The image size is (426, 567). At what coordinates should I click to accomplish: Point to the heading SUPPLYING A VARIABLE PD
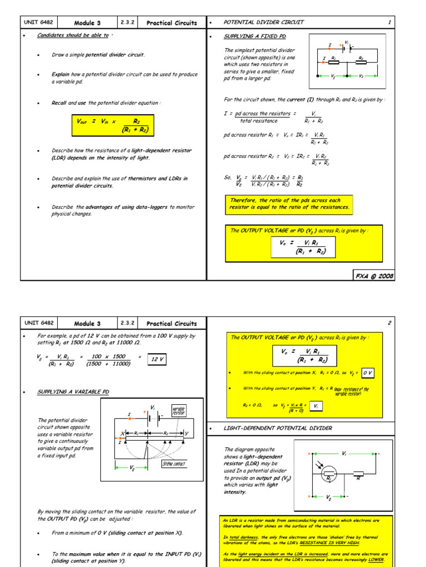(73, 392)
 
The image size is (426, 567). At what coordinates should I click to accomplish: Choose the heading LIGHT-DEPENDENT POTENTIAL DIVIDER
(278, 428)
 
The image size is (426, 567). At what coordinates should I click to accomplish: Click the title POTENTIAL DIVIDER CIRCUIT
(263, 22)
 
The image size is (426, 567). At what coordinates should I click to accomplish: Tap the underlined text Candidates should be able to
(73, 35)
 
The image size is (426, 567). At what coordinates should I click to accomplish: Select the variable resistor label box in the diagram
(179, 411)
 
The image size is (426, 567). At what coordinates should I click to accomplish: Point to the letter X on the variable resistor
(122, 433)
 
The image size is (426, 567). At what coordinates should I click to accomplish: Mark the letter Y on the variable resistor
(186, 433)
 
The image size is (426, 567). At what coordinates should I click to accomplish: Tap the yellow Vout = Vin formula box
(113, 125)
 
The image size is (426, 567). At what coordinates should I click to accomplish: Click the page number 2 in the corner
(389, 322)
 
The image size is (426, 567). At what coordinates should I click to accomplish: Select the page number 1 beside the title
(389, 22)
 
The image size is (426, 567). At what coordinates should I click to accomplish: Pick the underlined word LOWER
(375, 559)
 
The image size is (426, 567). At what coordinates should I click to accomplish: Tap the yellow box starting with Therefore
(289, 204)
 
